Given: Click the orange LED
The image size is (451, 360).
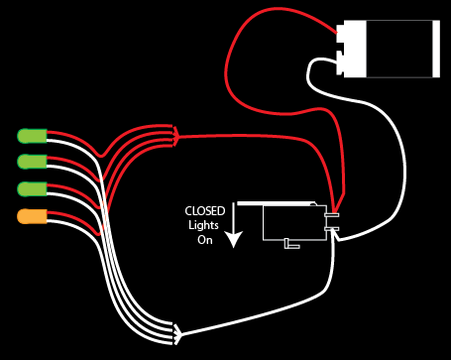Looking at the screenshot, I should coord(32,216).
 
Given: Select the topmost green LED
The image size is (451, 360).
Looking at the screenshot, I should coord(32,135).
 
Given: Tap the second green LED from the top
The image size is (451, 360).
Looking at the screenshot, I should coord(32,162).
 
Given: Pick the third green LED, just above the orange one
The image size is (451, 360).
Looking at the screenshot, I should coord(32,188).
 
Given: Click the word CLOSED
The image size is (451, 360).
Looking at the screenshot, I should coord(205,211).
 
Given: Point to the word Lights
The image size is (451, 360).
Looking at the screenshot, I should coord(204,225).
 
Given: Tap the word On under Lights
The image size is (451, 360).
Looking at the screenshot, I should coord(205,240).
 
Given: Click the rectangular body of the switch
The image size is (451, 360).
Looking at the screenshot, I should coord(293,222).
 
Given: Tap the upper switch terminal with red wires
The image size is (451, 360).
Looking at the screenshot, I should coord(332,215).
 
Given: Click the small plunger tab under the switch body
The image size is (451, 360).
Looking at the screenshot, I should coord(290,244).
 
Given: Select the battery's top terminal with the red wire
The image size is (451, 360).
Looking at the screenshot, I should coord(342,34).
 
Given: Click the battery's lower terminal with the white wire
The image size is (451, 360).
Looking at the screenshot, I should coord(342,64).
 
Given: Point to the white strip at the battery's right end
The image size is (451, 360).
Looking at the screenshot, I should coord(436,49).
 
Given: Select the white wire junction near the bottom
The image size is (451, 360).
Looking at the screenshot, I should coord(177,330).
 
